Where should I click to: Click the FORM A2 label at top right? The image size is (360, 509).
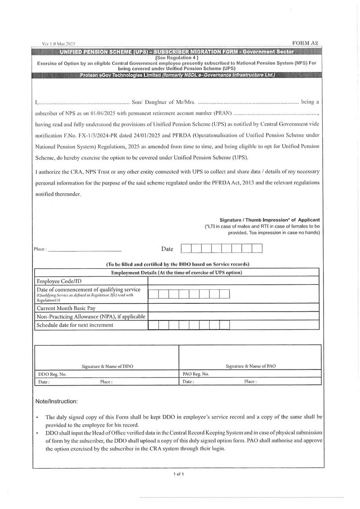(305, 43)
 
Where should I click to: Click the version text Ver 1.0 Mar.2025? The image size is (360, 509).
(58, 44)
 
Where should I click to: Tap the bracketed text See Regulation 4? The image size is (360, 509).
(176, 58)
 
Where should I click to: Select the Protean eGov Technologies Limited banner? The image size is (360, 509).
(177, 75)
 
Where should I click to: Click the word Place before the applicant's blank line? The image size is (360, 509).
(39, 249)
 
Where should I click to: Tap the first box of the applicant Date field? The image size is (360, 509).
(186, 248)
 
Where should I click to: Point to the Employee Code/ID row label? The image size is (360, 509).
(59, 281)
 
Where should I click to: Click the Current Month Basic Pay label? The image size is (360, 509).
(66, 308)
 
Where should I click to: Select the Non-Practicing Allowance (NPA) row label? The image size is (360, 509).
(91, 316)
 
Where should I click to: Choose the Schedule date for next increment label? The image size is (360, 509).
(75, 324)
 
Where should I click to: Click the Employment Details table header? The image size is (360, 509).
(176, 273)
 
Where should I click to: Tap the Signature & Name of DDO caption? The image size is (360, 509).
(107, 366)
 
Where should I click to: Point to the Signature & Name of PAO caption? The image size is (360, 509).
(251, 366)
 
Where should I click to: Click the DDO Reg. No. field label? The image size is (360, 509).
(51, 374)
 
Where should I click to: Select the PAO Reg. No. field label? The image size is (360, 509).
(196, 374)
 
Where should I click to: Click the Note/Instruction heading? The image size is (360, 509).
(56, 401)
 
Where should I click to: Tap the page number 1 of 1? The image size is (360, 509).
(179, 474)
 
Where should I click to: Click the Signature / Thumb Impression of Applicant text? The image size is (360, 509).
(270, 220)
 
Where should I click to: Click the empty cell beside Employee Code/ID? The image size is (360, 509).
(234, 281)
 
